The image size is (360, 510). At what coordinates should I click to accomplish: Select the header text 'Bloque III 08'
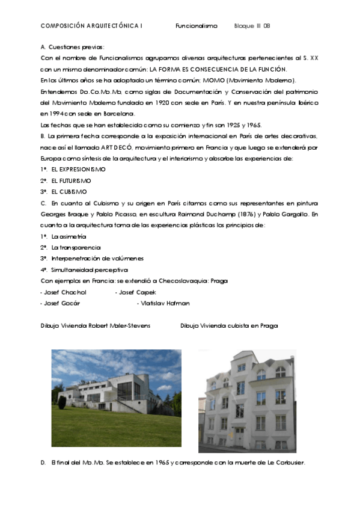[x=252, y=26]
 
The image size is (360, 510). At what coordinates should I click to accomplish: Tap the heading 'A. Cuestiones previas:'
[x=73, y=47]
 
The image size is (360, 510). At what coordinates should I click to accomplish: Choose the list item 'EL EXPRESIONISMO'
[x=78, y=170]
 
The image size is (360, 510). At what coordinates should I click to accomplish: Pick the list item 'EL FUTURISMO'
[x=71, y=180]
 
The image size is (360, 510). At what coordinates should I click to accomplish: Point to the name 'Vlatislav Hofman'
[x=164, y=303]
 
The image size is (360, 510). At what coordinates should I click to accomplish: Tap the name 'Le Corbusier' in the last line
[x=285, y=462]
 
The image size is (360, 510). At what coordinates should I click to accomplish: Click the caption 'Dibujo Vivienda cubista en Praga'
[x=229, y=325]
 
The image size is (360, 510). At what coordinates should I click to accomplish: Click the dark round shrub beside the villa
[x=62, y=402]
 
